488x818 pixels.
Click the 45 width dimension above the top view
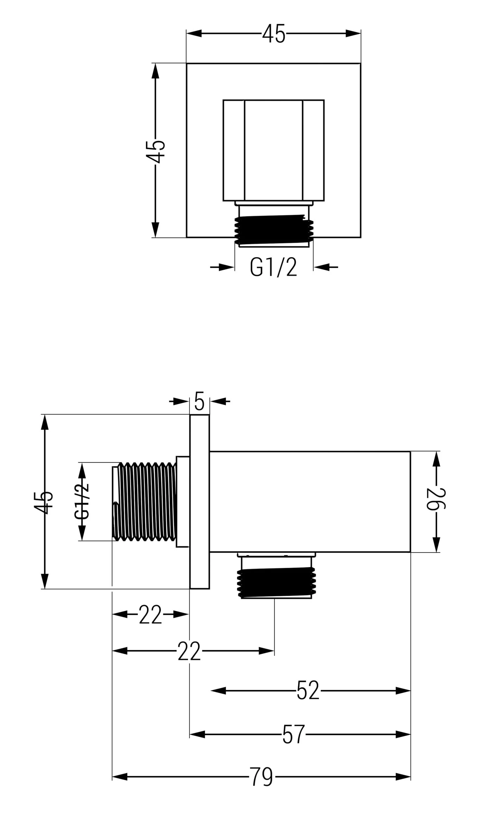point(274,33)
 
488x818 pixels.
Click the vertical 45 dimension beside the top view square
point(155,152)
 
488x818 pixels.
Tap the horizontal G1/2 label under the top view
point(274,267)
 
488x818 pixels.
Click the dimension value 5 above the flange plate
point(199,401)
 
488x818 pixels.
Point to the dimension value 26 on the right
point(436,499)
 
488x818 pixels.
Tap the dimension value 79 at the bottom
point(262,777)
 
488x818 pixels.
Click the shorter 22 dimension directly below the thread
point(150,614)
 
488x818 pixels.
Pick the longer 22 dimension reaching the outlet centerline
point(189,651)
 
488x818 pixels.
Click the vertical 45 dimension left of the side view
point(44,502)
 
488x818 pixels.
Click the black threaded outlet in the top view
point(274,229)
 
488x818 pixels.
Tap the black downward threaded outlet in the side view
point(276,582)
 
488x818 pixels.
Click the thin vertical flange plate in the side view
point(199,501)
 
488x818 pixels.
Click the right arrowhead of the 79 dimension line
point(403,777)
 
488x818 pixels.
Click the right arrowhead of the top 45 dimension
point(353,33)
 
